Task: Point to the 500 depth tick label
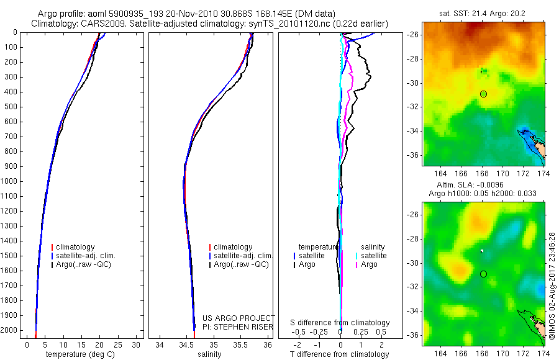(11, 107)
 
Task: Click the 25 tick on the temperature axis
(117, 344)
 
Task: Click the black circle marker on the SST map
(483, 94)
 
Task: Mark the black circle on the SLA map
(483, 274)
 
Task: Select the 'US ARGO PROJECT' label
(239, 318)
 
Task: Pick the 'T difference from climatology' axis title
(340, 354)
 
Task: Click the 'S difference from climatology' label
(340, 323)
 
